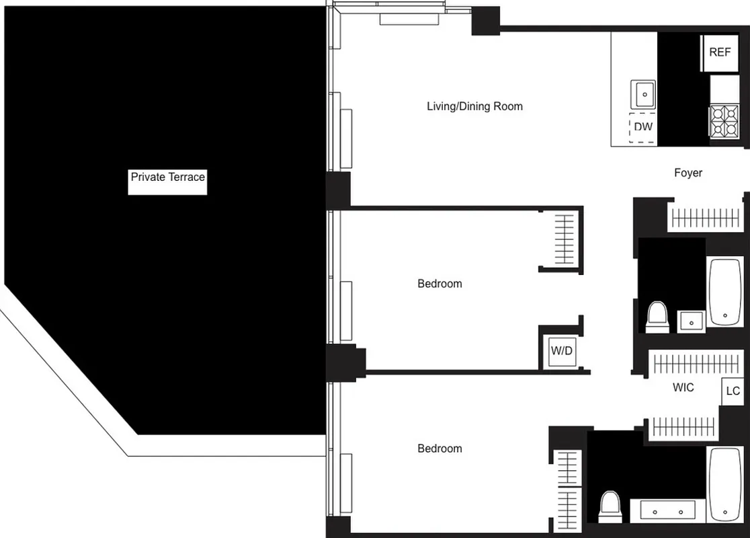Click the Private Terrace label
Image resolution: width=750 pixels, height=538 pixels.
tap(167, 178)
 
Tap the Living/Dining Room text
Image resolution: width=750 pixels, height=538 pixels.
tap(474, 106)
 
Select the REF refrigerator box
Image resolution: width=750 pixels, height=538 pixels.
tap(720, 52)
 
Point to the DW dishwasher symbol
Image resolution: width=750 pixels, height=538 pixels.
tap(643, 126)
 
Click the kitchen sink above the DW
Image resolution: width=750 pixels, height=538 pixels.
tap(643, 94)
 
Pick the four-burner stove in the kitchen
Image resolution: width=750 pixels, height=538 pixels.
tap(724, 121)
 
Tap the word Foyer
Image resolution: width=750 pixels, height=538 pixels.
tap(688, 173)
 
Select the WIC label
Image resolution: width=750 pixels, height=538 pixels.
tap(683, 388)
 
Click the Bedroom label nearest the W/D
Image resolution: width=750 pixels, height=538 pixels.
tap(440, 284)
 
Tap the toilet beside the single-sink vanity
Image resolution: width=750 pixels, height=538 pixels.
tap(657, 317)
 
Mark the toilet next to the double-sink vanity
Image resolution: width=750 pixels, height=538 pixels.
tap(610, 506)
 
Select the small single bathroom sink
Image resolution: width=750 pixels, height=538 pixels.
tap(691, 321)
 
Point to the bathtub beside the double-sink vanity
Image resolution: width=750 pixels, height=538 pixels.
tap(725, 484)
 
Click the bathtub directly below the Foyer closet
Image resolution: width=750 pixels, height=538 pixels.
tap(725, 291)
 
